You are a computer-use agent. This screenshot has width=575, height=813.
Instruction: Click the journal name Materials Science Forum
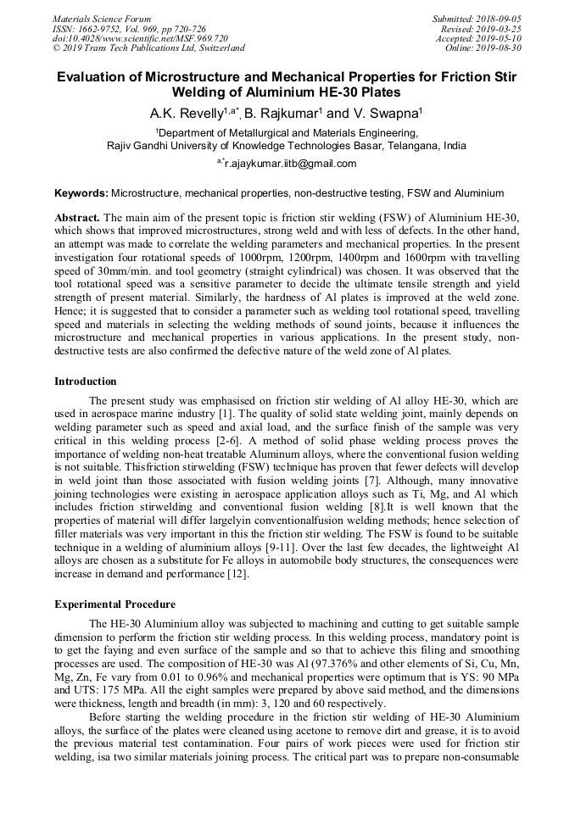point(102,19)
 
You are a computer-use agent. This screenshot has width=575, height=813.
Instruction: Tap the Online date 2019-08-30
point(501,48)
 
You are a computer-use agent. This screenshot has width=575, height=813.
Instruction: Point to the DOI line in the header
point(140,38)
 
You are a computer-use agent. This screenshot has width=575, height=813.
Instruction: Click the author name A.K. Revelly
point(183,114)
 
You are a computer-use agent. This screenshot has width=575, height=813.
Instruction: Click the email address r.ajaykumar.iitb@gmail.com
point(290,164)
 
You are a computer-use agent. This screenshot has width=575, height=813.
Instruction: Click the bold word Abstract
point(77,217)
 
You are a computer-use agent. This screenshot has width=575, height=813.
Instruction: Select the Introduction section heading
point(86,381)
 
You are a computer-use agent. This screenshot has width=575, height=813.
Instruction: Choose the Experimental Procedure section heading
point(114,604)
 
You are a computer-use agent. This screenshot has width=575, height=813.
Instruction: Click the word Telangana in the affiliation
point(416,145)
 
